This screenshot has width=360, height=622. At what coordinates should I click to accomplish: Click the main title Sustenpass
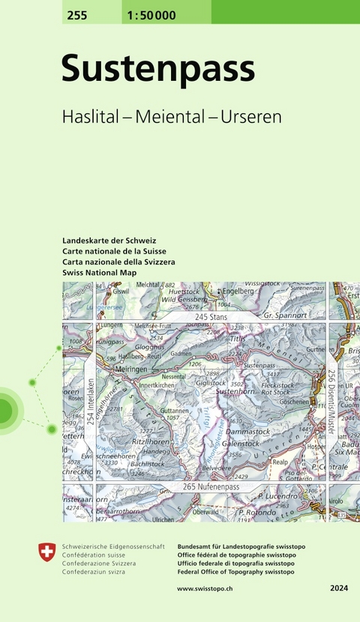point(158,70)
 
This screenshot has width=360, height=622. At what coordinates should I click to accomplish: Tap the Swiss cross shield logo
point(46,553)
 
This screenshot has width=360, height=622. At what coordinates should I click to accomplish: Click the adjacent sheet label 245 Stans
point(211,318)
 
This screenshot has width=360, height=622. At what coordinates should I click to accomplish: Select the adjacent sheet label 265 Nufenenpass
point(210,487)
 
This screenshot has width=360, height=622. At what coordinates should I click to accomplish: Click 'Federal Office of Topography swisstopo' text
point(235,572)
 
